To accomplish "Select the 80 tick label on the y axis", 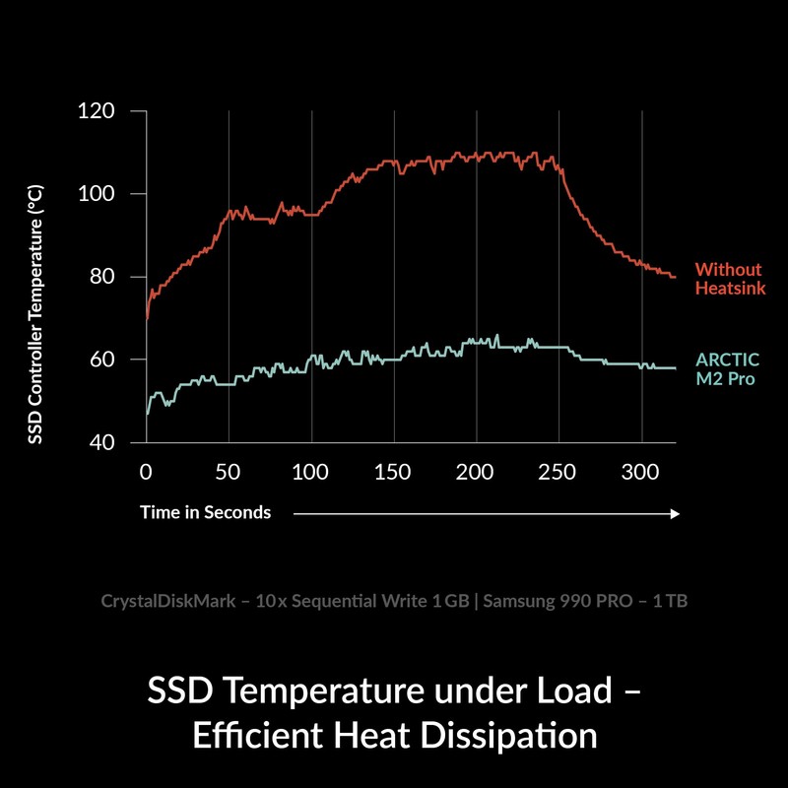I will click(100, 277).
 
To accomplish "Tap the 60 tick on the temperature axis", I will click(100, 360).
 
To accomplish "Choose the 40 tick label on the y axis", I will click(100, 442).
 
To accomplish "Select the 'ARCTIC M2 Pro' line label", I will click(728, 368).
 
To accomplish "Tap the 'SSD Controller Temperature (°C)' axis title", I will click(34, 313).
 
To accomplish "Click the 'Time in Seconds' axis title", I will click(205, 512).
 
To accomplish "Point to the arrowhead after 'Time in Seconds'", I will click(675, 513).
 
